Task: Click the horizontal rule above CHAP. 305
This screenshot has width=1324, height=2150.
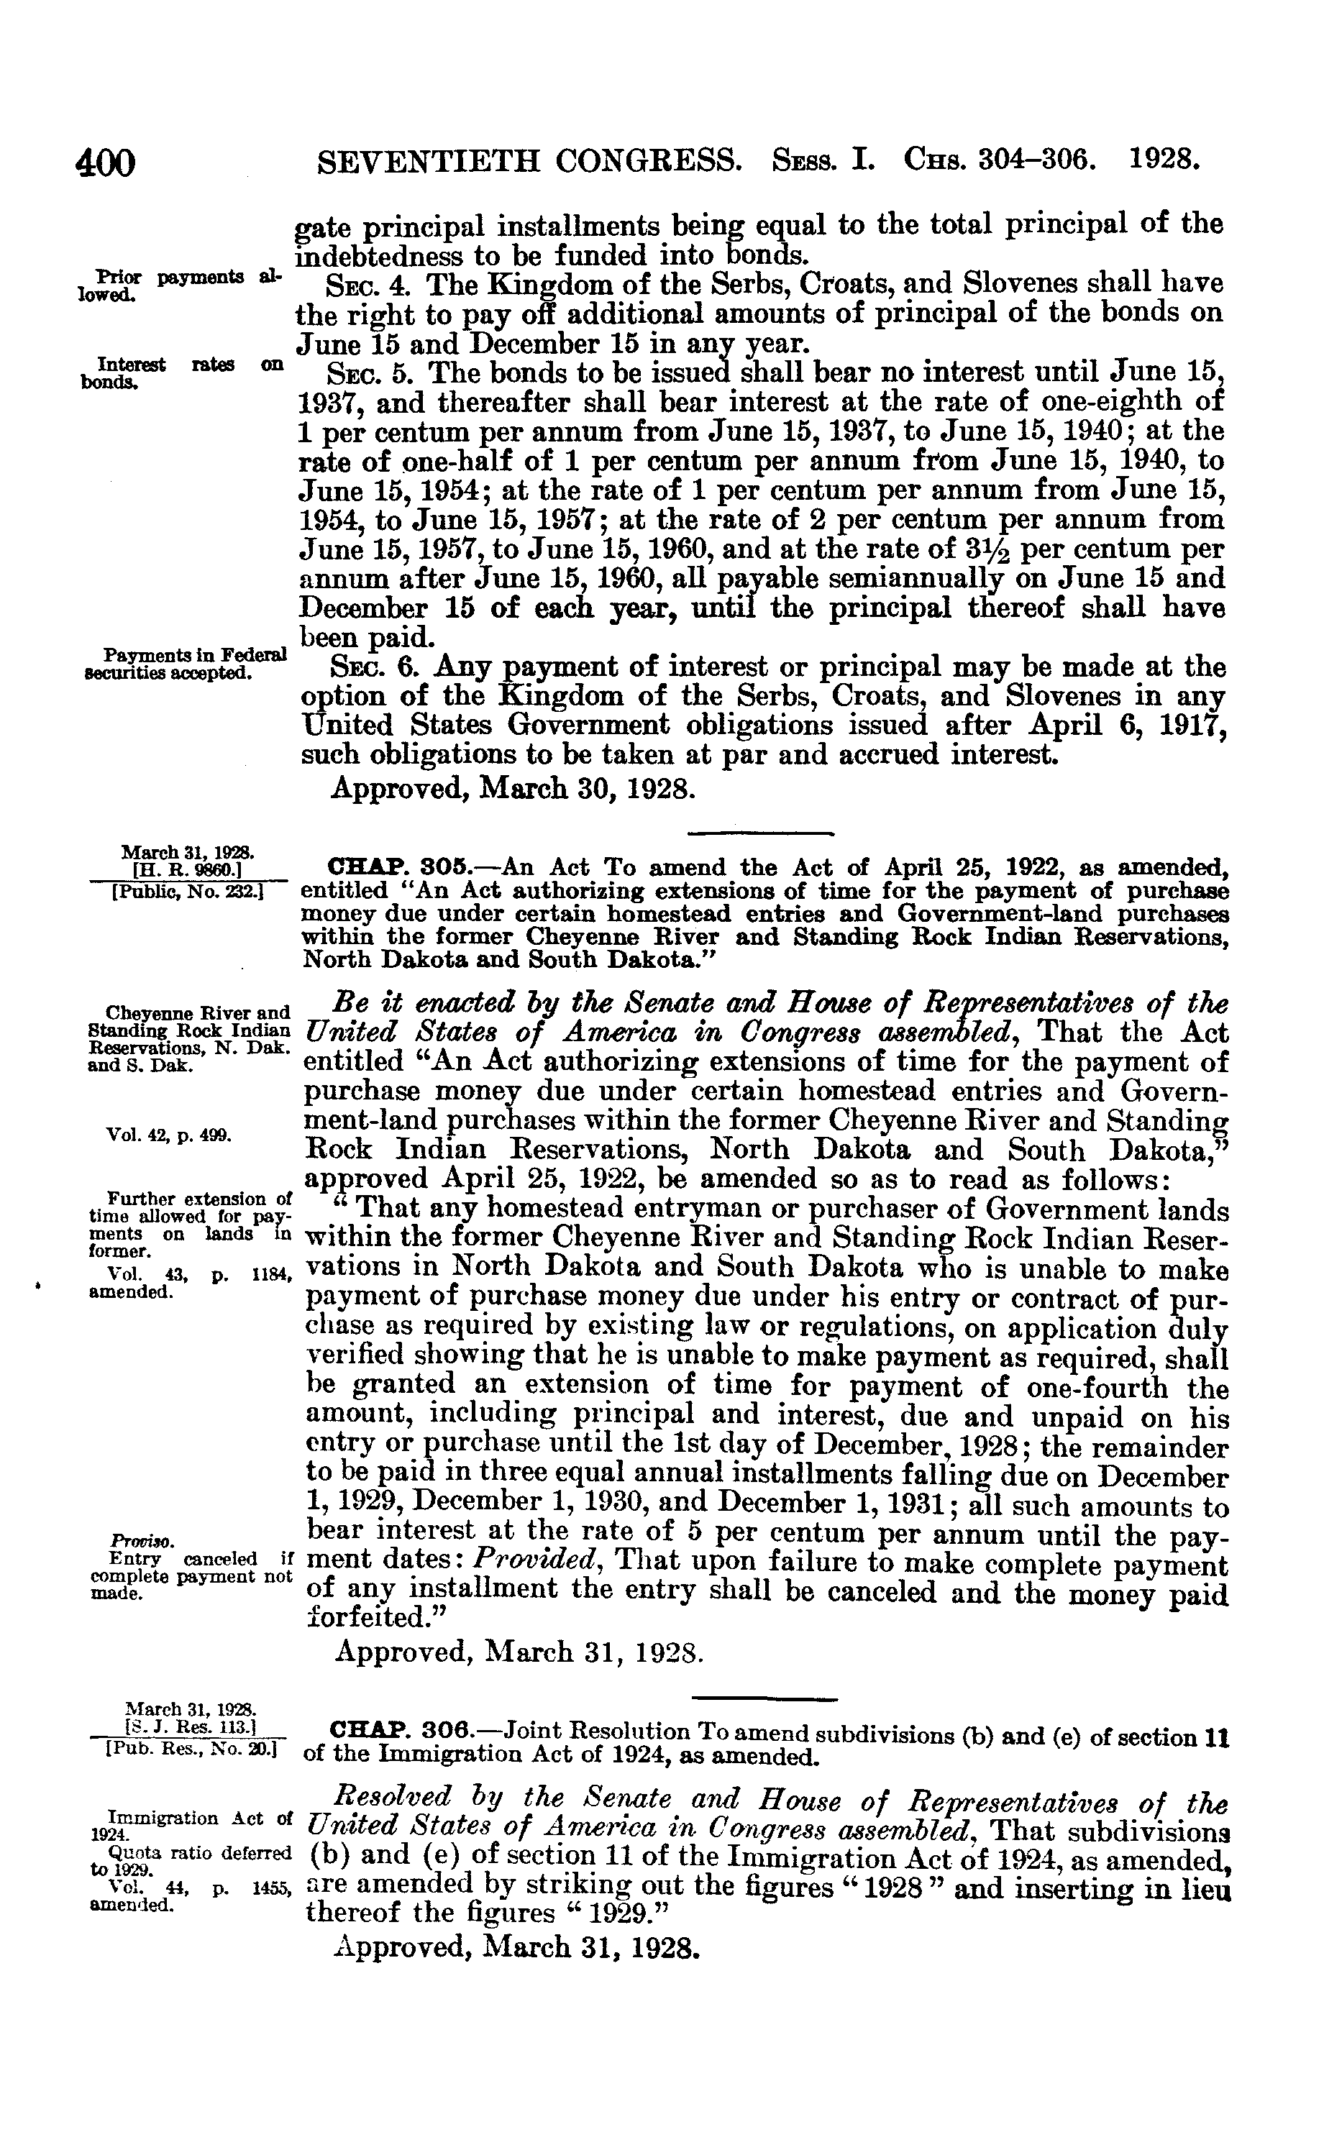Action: pyautogui.click(x=761, y=833)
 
